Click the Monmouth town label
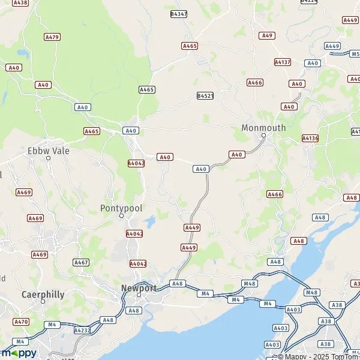point(263,128)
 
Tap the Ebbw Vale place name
point(48,151)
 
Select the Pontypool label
point(121,208)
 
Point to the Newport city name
point(139,288)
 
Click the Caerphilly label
point(43,295)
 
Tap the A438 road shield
point(20,2)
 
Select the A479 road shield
point(52,37)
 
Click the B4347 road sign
point(179,14)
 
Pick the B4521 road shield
point(205,95)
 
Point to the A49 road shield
point(267,36)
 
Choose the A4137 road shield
point(282,62)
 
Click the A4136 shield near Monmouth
point(310,138)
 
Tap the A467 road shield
point(81,262)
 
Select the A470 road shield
point(21,322)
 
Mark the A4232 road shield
point(82,330)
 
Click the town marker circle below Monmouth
point(263,135)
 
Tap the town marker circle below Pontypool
point(121,215)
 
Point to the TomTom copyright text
point(343,356)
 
